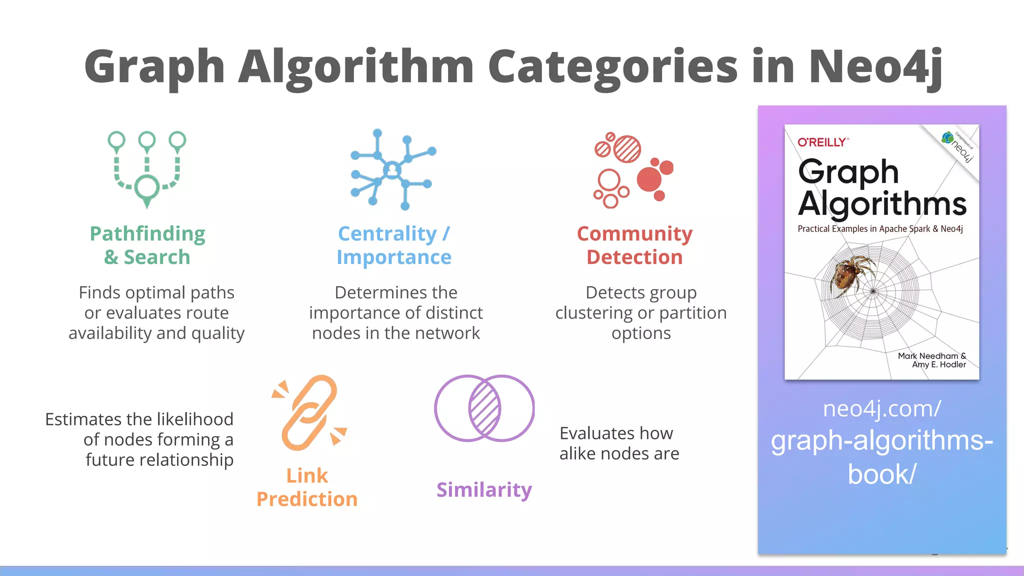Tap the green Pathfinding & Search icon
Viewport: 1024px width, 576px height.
point(147,169)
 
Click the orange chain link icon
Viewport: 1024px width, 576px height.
point(309,412)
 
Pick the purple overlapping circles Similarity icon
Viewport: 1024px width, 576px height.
point(484,408)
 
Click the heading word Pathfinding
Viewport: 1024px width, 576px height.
point(147,234)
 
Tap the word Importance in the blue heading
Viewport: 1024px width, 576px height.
point(394,257)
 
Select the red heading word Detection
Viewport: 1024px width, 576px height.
point(634,257)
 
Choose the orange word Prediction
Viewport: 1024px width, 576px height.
point(307,499)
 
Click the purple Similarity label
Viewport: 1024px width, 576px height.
point(484,490)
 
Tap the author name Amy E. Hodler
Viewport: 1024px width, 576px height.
point(938,364)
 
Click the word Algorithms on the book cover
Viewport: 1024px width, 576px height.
point(882,204)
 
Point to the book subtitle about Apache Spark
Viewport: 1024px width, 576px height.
point(880,229)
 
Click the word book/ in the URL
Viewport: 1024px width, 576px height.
point(881,474)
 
